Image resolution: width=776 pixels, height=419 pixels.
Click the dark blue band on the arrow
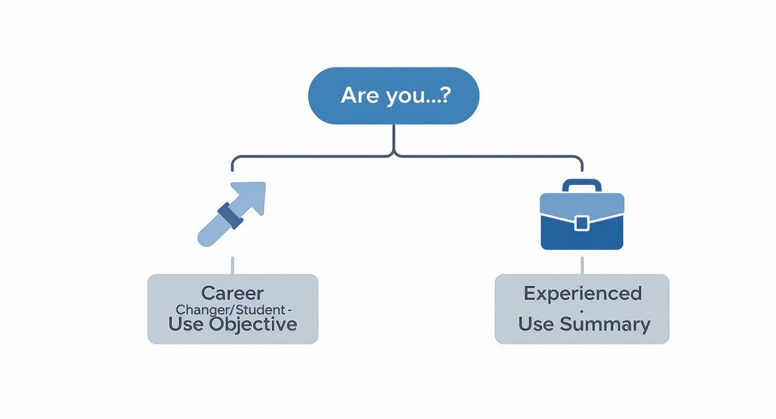tap(231, 216)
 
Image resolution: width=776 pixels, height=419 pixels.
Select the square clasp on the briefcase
tap(581, 223)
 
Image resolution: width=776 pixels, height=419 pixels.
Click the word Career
tap(232, 293)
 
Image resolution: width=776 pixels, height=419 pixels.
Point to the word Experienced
tap(582, 293)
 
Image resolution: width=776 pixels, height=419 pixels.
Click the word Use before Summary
tap(536, 324)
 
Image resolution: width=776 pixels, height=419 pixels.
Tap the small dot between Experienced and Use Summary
tap(582, 309)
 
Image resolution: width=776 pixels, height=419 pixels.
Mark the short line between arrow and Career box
tap(232, 265)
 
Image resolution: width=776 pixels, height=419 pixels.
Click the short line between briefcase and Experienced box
tap(582, 265)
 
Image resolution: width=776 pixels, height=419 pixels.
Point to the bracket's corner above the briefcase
tap(580, 159)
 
